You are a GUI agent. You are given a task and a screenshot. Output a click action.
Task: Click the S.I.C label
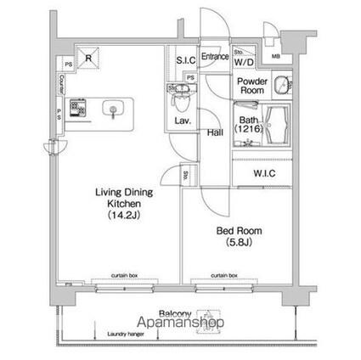tap(186, 59)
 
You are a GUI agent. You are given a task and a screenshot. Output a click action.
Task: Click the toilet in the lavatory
tap(178, 101)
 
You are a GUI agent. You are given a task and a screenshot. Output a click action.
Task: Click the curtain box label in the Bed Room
tap(223, 275)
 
